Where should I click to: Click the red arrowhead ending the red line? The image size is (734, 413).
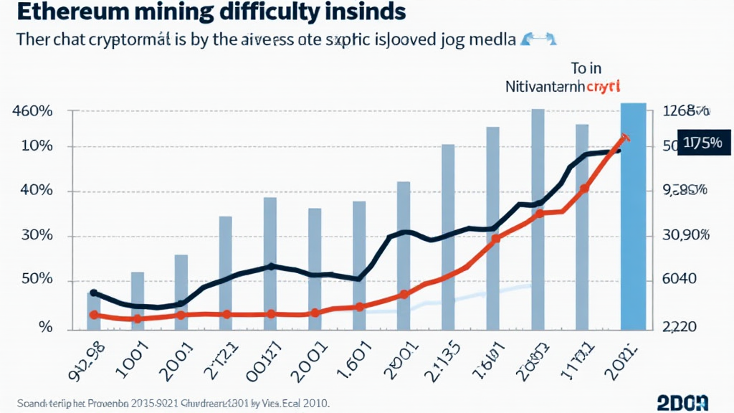coord(626,137)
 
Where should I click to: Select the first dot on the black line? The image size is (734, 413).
coord(93,294)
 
